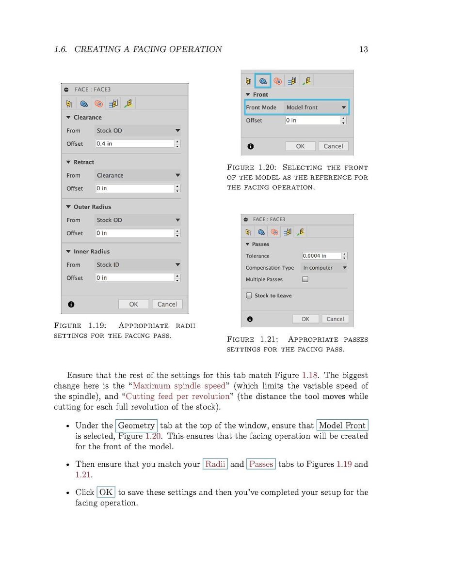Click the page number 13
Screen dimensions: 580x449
coord(364,49)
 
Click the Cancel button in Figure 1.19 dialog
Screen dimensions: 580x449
coord(167,304)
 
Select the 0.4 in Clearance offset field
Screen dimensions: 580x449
coord(135,144)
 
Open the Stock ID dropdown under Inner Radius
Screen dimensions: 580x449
coord(138,265)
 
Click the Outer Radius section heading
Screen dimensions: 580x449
coord(92,207)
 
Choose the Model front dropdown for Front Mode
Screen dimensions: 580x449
coord(316,107)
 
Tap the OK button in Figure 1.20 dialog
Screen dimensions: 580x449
coord(300,146)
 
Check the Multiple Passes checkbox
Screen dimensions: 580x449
coord(305,279)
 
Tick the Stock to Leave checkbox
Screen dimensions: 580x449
coord(249,295)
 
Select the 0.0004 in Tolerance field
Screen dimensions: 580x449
coord(321,256)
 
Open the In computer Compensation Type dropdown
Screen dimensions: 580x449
coord(324,268)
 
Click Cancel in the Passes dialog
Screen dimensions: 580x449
coord(335,319)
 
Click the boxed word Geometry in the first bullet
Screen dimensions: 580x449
coord(136,426)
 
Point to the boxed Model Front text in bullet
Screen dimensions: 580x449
coord(342,426)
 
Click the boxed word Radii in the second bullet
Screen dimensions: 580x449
coord(215,464)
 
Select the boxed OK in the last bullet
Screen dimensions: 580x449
coord(106,492)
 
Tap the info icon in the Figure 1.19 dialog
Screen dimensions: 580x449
coord(71,304)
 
